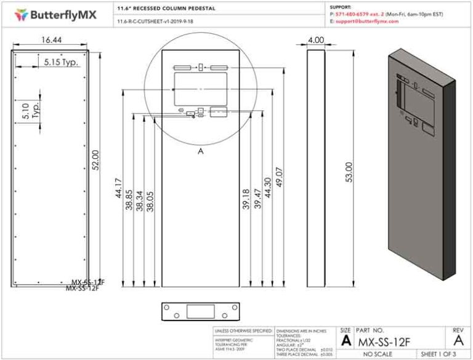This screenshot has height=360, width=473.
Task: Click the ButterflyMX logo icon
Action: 22,13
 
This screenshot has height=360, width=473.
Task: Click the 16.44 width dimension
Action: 51,39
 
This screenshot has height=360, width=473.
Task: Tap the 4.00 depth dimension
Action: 316,39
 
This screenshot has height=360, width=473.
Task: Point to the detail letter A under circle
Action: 200,151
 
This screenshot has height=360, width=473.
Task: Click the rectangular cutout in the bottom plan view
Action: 200,311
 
